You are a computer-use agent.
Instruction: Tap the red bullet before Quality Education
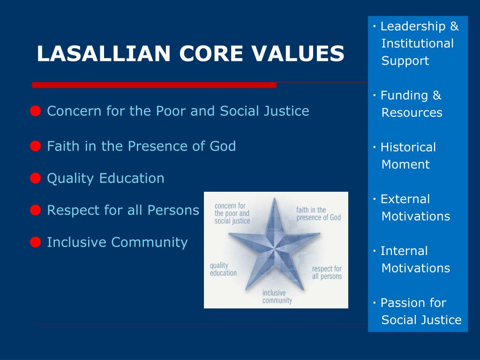click(x=35, y=178)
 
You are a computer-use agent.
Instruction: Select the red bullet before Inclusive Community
click(x=35, y=242)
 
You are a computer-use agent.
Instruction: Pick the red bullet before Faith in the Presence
click(x=35, y=146)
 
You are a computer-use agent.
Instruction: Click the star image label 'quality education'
click(x=223, y=269)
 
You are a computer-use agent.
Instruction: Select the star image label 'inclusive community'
click(x=277, y=297)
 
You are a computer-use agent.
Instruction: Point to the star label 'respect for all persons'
click(x=327, y=272)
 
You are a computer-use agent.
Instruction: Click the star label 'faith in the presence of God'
click(x=318, y=214)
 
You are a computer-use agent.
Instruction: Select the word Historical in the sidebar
click(x=408, y=147)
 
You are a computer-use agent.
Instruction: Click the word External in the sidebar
click(x=405, y=199)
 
